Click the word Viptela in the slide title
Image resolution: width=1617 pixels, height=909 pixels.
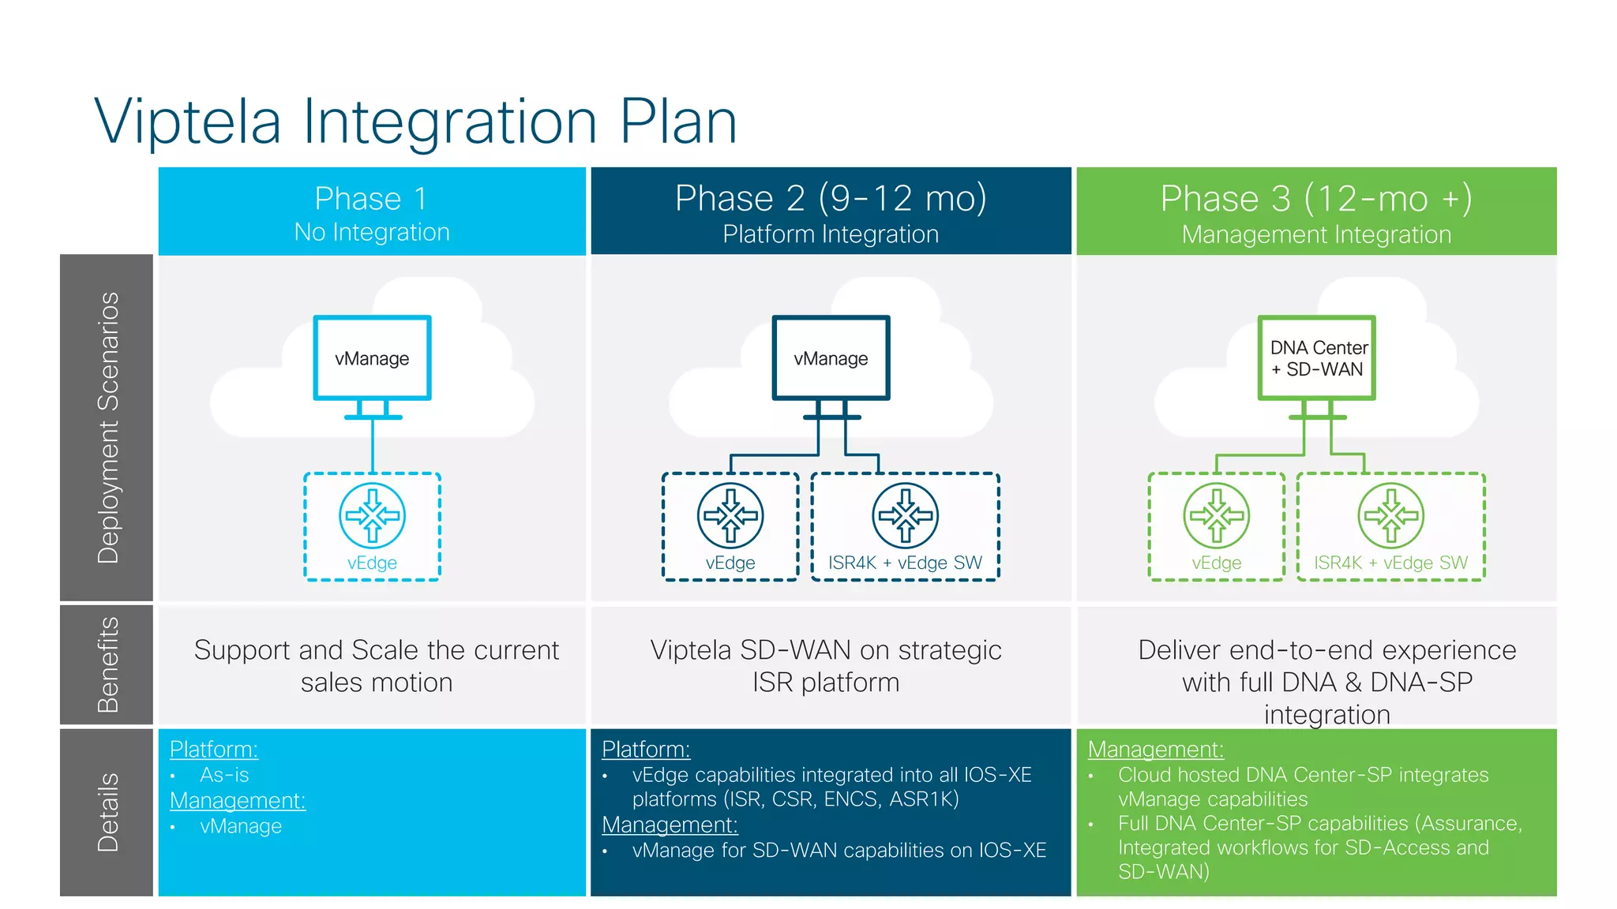pyautogui.click(x=188, y=122)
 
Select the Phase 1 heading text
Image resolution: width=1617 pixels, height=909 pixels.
pyautogui.click(x=371, y=198)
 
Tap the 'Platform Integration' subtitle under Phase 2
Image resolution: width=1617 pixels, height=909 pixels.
pyautogui.click(x=831, y=234)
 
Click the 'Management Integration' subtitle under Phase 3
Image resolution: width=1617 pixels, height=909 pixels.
pyautogui.click(x=1316, y=234)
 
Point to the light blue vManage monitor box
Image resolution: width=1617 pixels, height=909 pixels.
pyautogui.click(x=372, y=358)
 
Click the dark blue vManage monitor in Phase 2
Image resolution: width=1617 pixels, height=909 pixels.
pyautogui.click(x=831, y=358)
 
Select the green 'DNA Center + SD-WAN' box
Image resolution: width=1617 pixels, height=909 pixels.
pyautogui.click(x=1316, y=358)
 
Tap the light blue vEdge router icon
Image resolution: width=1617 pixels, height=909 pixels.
pyautogui.click(x=372, y=515)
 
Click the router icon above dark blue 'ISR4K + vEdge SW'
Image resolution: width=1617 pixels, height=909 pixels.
pyautogui.click(x=905, y=515)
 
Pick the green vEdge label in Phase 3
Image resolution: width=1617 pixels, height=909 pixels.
pyautogui.click(x=1216, y=563)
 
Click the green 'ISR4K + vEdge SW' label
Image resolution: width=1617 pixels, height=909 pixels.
pyautogui.click(x=1390, y=563)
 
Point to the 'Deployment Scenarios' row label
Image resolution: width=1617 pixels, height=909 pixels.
pyautogui.click(x=107, y=428)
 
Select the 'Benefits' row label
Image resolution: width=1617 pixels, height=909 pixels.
pyautogui.click(x=107, y=664)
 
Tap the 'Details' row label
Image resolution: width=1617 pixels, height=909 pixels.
pyautogui.click(x=107, y=812)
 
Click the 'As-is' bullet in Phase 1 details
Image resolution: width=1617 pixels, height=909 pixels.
pyautogui.click(x=224, y=775)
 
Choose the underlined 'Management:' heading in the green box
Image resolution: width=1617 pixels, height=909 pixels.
pyautogui.click(x=1155, y=749)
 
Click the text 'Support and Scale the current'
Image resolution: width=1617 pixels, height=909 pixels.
pyautogui.click(x=376, y=650)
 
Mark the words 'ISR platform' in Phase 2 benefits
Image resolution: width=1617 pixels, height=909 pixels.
pyautogui.click(x=825, y=683)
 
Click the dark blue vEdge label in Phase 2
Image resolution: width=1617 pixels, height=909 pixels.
pyautogui.click(x=730, y=563)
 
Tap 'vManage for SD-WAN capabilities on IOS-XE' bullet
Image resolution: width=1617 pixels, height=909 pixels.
pyautogui.click(x=839, y=851)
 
